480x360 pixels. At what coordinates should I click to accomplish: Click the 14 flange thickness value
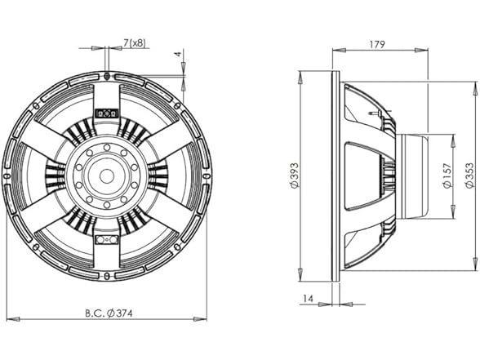click(x=307, y=300)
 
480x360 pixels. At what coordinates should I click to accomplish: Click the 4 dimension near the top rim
click(x=177, y=56)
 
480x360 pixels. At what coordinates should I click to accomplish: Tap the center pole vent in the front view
click(x=106, y=174)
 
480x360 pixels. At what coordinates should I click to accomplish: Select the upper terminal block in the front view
click(x=105, y=113)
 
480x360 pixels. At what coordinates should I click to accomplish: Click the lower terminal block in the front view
click(x=105, y=240)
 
